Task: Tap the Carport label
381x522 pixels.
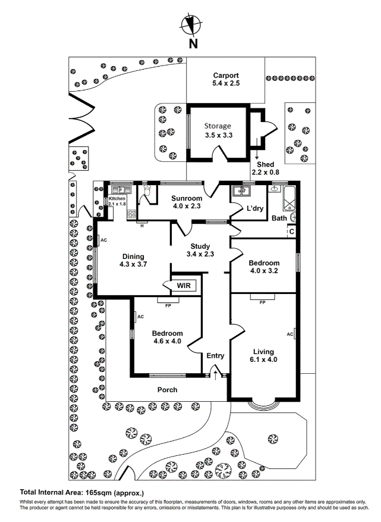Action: pos(226,76)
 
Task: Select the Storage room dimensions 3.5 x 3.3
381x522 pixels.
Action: pos(217,136)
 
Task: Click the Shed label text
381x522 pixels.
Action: pos(265,164)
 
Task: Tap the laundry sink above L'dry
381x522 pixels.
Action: pos(241,190)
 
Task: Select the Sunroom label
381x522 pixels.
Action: pos(187,198)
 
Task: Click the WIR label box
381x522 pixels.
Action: pos(184,286)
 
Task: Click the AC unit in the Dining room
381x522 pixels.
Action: pos(98,240)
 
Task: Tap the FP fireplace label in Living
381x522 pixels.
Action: pos(262,302)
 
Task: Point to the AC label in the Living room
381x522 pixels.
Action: pos(290,334)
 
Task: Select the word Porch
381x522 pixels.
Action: pos(167,390)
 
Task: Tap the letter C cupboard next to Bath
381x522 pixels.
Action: pos(291,231)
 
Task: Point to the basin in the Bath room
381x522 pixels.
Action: pos(275,189)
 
